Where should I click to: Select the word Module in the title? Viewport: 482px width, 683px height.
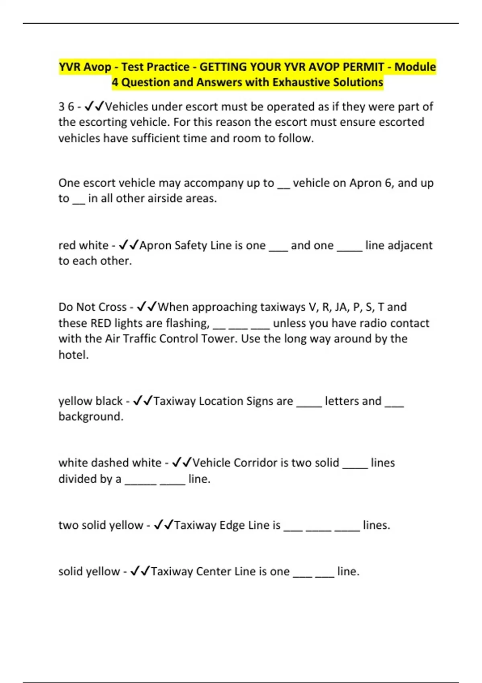pos(415,67)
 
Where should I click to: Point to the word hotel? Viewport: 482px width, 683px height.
pos(73,355)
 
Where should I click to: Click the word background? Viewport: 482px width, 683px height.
pos(90,417)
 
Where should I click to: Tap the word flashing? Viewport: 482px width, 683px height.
pos(188,323)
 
